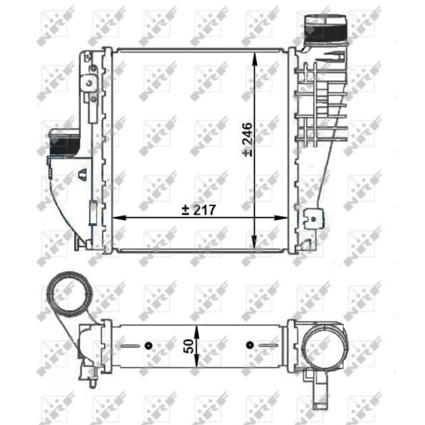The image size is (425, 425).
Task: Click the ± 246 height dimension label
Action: coord(248,139)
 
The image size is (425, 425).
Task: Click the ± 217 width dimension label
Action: coord(199,210)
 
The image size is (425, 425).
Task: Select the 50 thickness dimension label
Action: coord(189,346)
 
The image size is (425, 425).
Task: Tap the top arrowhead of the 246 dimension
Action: coord(254,59)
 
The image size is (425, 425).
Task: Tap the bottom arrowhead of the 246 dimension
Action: coord(254,242)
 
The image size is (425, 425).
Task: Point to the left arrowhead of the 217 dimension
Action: coord(119,217)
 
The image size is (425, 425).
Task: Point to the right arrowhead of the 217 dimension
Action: coord(281,217)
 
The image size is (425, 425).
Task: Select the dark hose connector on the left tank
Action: coord(65,143)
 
